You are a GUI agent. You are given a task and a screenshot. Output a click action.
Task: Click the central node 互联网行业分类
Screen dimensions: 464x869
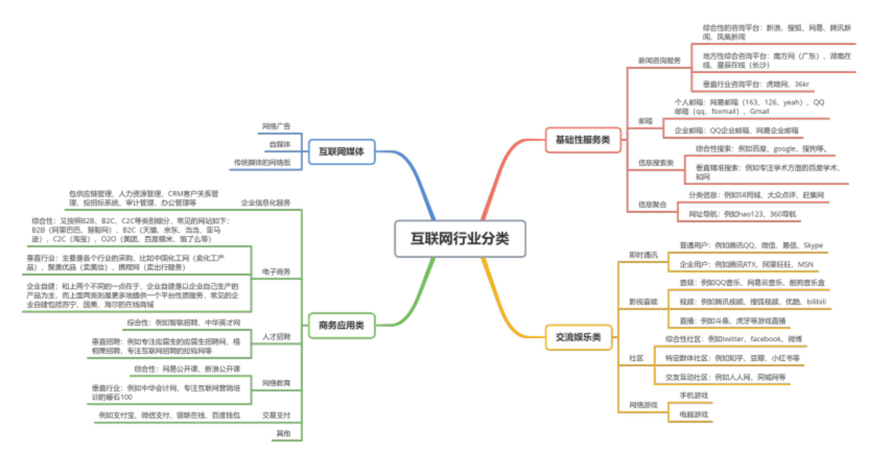point(460,239)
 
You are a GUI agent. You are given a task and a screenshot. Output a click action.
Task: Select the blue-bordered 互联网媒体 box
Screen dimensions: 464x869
point(341,151)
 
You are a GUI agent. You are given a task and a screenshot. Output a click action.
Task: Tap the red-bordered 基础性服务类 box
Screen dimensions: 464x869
point(583,140)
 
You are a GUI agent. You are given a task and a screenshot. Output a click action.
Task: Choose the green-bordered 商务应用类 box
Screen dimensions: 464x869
point(341,326)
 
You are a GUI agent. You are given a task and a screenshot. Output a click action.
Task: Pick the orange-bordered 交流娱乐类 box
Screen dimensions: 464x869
point(578,337)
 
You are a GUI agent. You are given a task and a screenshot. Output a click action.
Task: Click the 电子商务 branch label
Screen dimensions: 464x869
point(276,272)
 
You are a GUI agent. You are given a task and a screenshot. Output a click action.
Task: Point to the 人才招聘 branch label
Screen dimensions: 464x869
point(276,336)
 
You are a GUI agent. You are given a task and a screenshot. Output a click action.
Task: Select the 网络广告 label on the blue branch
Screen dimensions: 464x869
point(276,126)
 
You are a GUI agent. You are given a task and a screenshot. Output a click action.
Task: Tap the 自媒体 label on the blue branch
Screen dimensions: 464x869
point(279,144)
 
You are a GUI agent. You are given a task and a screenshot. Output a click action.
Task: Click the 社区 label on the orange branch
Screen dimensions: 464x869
point(636,358)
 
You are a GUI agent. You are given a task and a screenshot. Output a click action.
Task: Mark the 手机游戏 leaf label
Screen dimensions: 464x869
point(693,396)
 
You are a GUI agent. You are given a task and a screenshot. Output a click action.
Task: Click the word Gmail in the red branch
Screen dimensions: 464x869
point(759,111)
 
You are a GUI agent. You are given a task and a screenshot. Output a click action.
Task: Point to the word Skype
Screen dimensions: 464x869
point(813,245)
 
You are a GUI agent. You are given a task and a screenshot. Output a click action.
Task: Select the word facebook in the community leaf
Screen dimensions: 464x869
point(766,339)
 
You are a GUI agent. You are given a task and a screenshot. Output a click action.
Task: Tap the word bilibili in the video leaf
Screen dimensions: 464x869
point(816,301)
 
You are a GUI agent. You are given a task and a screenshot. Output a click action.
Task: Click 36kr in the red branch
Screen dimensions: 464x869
point(801,84)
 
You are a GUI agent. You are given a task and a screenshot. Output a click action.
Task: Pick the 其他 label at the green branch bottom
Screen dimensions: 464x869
point(283,433)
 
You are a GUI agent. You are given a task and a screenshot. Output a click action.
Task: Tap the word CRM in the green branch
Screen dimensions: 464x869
point(176,194)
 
